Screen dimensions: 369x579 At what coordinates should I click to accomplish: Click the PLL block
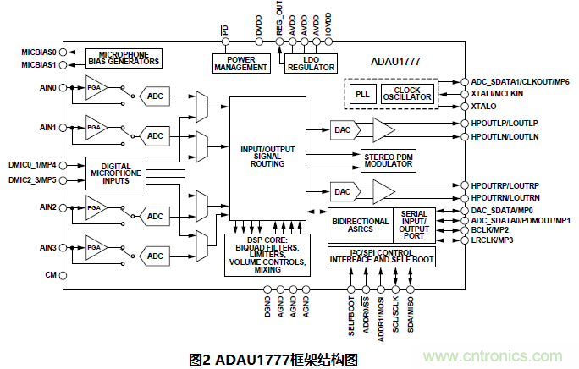pyautogui.click(x=361, y=93)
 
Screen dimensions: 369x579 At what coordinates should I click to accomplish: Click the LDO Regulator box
pyautogui.click(x=311, y=62)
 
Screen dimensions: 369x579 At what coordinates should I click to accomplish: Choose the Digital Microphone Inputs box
pyautogui.click(x=114, y=173)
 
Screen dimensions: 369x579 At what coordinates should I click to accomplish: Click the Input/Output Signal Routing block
pyautogui.click(x=267, y=157)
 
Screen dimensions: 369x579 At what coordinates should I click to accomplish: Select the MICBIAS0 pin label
pyautogui.click(x=38, y=52)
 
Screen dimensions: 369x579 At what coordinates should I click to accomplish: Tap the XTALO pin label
pyautogui.click(x=486, y=107)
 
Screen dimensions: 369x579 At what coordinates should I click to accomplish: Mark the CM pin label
pyautogui.click(x=50, y=275)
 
